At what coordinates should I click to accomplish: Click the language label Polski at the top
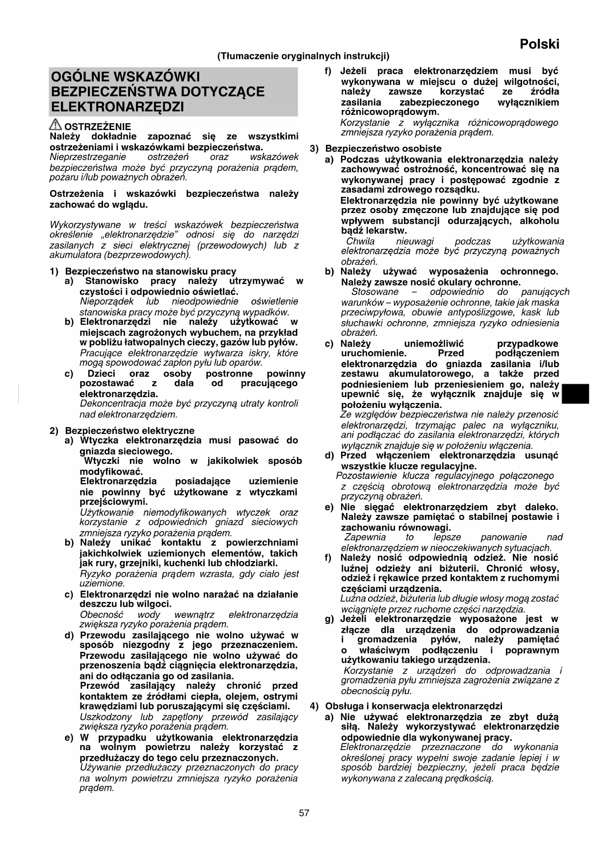[x=539, y=44]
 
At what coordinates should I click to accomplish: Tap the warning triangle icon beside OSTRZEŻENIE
[x=56, y=125]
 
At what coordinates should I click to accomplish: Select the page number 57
[x=304, y=813]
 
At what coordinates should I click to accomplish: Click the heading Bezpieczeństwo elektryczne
[x=130, y=430]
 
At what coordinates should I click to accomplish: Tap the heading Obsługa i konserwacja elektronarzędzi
[x=414, y=706]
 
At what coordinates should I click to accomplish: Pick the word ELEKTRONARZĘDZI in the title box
[x=118, y=107]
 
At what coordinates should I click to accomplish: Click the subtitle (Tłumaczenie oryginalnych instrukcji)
[x=303, y=56]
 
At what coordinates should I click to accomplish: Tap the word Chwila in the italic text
[x=360, y=241]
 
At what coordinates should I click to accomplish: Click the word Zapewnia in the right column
[x=365, y=537]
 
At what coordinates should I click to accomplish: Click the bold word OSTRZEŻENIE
[x=98, y=127]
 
